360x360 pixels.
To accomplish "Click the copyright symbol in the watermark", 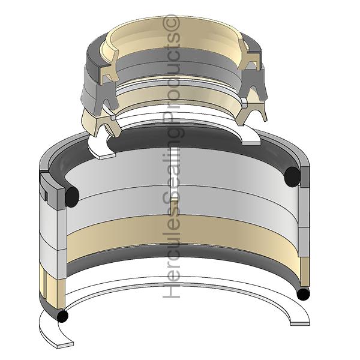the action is point(171,22).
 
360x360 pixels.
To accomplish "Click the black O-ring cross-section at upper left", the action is point(72,197).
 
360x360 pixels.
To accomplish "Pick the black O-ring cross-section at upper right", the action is point(292,176).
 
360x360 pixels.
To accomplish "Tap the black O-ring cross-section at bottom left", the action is point(62,316).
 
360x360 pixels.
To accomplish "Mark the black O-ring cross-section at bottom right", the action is point(303,294).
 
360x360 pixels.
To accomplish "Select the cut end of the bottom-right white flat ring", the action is point(300,324).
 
